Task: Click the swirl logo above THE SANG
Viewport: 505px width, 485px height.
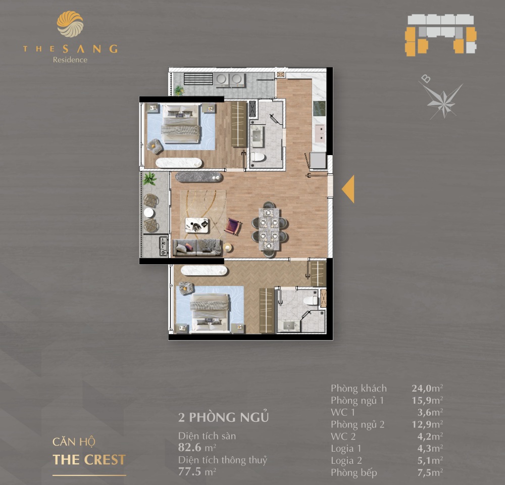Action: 70,24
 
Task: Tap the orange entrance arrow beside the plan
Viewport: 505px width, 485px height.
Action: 348,189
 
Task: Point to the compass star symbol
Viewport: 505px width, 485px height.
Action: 443,101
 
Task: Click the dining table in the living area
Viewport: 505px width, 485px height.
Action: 269,229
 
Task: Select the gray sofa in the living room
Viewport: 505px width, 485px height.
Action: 197,248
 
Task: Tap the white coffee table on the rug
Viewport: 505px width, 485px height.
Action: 197,225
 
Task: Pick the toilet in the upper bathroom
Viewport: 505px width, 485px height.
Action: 258,157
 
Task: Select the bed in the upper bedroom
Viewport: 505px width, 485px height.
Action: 180,123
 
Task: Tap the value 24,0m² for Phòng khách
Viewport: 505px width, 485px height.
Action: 427,388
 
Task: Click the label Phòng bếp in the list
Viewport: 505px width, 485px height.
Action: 353,473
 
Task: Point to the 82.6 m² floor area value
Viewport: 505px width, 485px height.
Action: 197,448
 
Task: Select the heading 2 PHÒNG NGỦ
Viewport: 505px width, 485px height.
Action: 224,417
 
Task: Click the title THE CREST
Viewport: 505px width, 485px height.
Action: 89,460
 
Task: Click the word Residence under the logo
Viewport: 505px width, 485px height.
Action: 70,60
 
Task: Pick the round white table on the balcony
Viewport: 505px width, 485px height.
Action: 149,213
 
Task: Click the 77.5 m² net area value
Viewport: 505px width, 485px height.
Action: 197,472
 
